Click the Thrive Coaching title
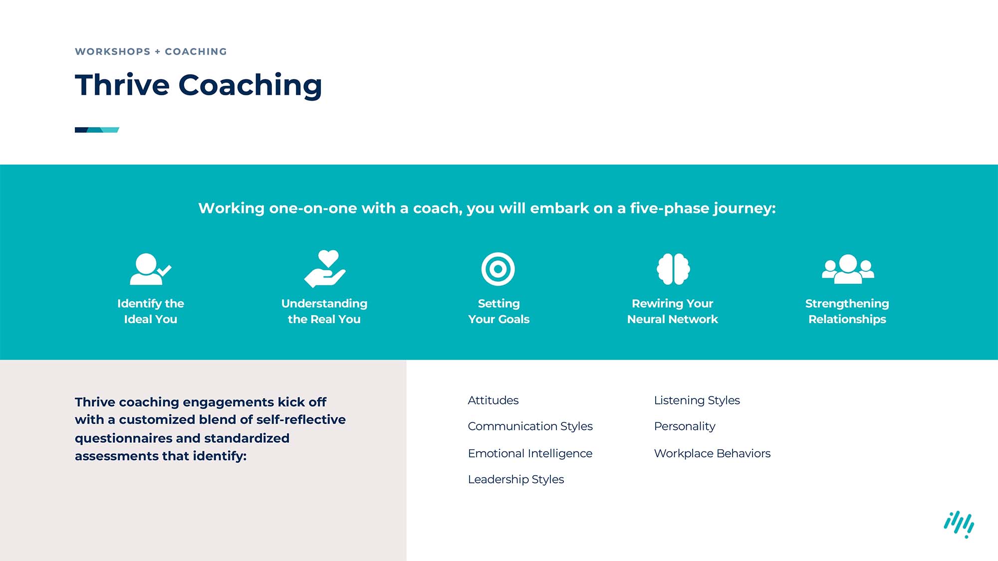click(x=198, y=85)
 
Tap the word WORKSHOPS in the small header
click(x=112, y=52)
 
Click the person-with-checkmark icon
click(x=149, y=269)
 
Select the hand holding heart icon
click(x=325, y=269)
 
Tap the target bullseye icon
click(x=498, y=269)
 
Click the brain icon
click(x=673, y=269)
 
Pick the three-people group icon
click(x=848, y=269)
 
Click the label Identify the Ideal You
click(x=150, y=311)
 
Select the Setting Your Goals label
click(x=499, y=311)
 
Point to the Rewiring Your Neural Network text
click(x=672, y=311)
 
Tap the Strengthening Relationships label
click(x=847, y=311)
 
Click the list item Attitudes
click(x=493, y=400)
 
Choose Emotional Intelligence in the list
click(x=530, y=453)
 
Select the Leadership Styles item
click(x=515, y=479)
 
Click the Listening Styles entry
click(x=697, y=400)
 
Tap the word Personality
click(x=684, y=426)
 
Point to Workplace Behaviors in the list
click(x=712, y=453)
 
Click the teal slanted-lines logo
click(x=959, y=524)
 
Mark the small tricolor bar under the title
click(x=97, y=130)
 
